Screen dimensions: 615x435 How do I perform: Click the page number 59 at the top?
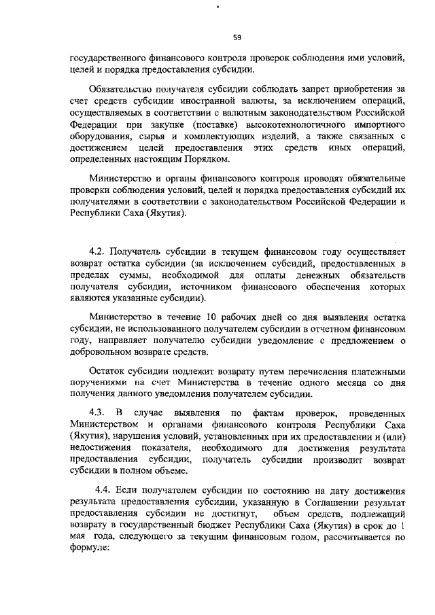click(x=237, y=37)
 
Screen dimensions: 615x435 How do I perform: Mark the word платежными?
click(x=373, y=372)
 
